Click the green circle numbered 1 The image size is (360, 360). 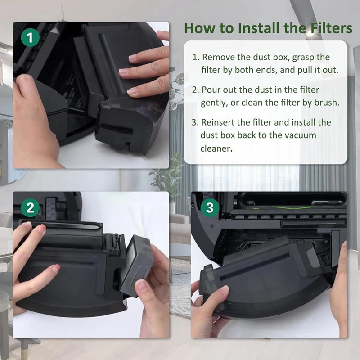click(x=30, y=38)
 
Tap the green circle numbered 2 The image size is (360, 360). click(x=30, y=208)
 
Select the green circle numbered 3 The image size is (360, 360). click(x=209, y=208)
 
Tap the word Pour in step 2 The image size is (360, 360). click(x=210, y=90)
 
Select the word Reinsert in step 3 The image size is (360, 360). click(x=219, y=122)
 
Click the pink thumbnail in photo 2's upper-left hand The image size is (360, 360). click(x=40, y=229)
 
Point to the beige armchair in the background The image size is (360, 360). click(x=180, y=229)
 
